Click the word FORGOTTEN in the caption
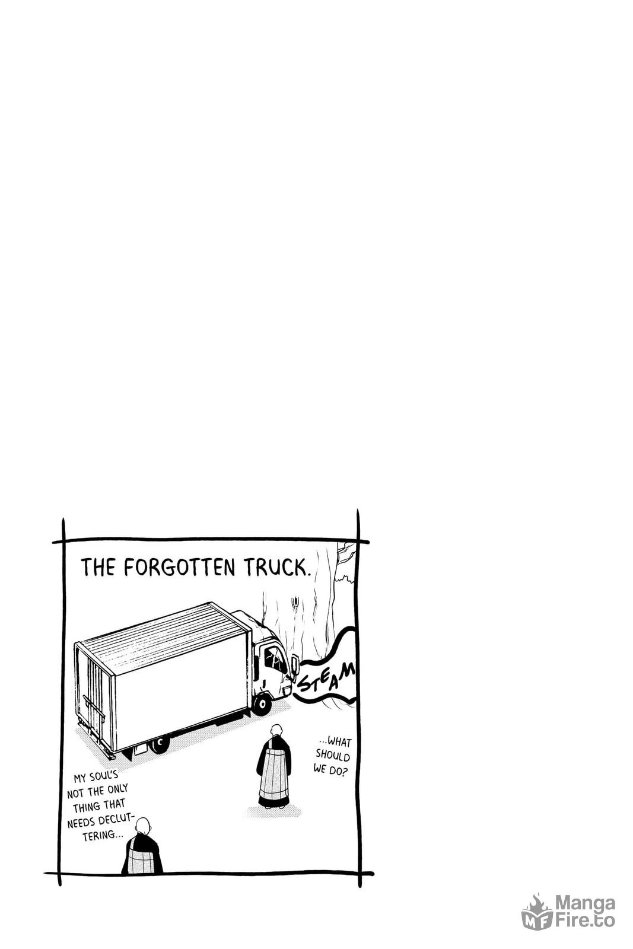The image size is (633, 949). [x=179, y=567]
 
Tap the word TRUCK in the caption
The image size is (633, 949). [x=276, y=567]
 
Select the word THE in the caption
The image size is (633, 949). [x=98, y=567]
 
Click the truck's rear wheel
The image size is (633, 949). [x=161, y=742]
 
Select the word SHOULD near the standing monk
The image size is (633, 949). [x=333, y=756]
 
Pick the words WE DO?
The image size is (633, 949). [x=330, y=769]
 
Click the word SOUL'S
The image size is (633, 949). [x=103, y=776]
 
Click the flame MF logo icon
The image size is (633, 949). [x=536, y=912]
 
